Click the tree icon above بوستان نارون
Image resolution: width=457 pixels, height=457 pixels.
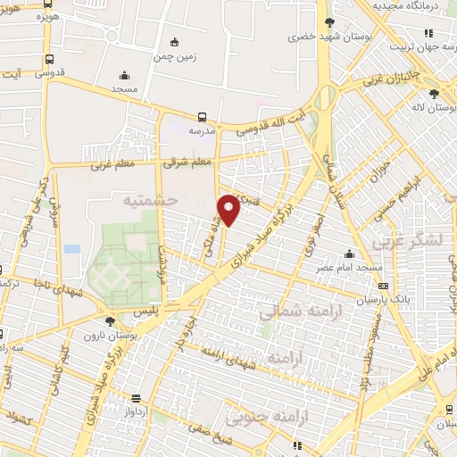tap(110, 321)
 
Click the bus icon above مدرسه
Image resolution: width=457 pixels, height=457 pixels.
tap(203, 116)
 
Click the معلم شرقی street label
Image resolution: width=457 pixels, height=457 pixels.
tap(187, 162)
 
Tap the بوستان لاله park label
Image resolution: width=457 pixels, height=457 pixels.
tap(434, 108)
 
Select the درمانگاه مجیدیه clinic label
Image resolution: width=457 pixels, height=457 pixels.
tap(412, 7)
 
